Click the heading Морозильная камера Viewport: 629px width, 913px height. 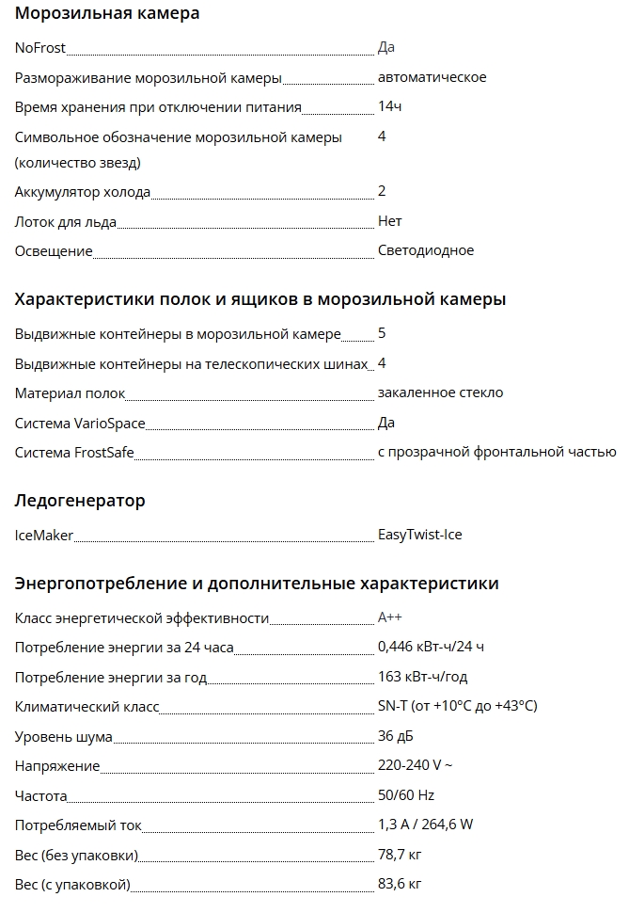coord(107,14)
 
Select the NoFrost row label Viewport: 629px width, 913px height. coord(40,48)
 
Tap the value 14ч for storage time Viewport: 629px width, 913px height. coord(389,107)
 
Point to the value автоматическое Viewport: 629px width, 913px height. coord(432,77)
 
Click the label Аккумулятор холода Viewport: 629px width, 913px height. coord(83,192)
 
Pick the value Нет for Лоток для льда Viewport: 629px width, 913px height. coord(389,221)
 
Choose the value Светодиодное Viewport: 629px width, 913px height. coord(425,251)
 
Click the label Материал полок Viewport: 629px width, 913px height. coord(71,393)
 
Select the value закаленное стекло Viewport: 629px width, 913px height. coord(440,393)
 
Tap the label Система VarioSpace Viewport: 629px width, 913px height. coord(80,424)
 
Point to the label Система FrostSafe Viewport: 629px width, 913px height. coord(74,454)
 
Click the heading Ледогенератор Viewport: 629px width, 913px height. coord(80,501)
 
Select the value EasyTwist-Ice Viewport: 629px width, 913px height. coord(419,536)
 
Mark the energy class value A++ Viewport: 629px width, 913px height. coord(389,618)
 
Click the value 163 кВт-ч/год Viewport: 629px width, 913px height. coord(422,678)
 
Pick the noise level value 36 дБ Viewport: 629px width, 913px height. coord(395,737)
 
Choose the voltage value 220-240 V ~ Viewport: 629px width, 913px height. coord(417,766)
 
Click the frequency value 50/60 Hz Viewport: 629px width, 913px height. coord(406,796)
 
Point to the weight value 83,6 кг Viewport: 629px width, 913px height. coord(400,885)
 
